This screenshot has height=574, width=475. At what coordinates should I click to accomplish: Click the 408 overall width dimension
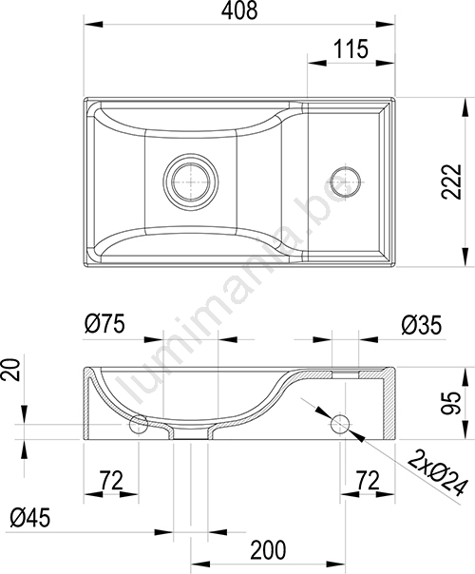(x=239, y=10)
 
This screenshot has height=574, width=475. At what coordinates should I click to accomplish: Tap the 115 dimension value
(x=351, y=49)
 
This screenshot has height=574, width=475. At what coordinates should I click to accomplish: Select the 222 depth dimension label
(x=451, y=182)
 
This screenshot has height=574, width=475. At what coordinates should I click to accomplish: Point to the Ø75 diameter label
(x=104, y=324)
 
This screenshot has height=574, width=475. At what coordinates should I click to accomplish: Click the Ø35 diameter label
(x=422, y=325)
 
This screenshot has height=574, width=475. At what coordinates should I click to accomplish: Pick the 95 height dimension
(x=450, y=403)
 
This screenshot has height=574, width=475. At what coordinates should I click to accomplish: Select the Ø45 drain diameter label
(x=30, y=518)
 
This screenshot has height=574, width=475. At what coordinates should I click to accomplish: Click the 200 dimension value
(x=268, y=550)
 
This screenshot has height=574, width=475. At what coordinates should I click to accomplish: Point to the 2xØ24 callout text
(x=437, y=474)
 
